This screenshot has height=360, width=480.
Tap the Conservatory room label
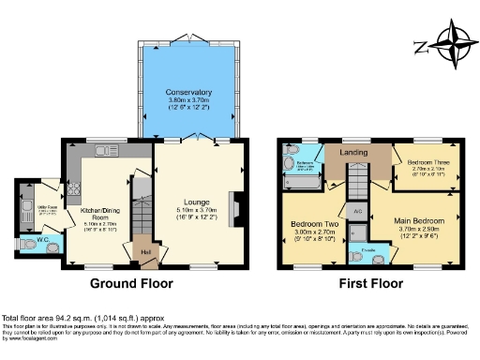tap(188, 93)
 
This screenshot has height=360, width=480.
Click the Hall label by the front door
tap(146, 251)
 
